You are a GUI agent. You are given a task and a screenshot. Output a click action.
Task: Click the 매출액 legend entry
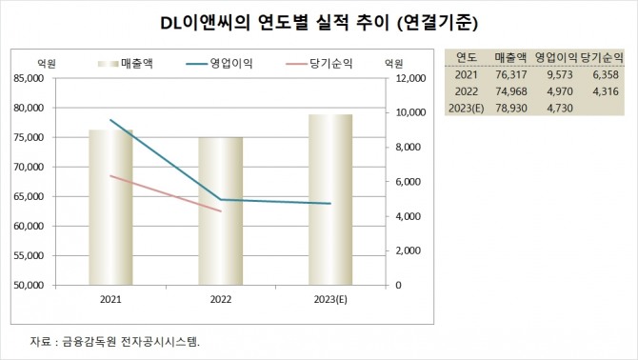coord(130,63)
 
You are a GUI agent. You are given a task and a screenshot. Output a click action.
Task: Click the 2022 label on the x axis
coord(221,299)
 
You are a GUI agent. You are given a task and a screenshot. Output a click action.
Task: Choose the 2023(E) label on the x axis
coord(330,299)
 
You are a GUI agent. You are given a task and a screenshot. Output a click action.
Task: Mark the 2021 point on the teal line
coord(110,120)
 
